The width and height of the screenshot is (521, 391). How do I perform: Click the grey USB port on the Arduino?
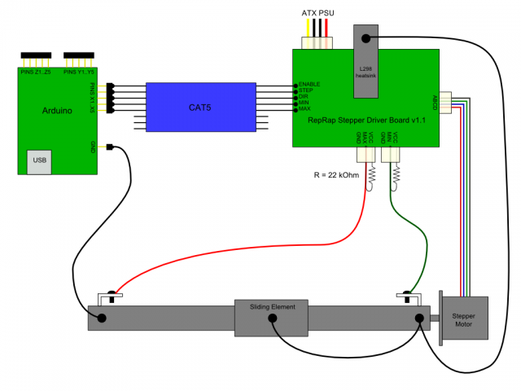click(x=38, y=160)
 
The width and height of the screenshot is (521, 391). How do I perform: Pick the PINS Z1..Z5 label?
click(x=37, y=71)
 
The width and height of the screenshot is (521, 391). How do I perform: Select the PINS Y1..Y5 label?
click(x=81, y=71)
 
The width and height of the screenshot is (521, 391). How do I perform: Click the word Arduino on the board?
click(x=57, y=108)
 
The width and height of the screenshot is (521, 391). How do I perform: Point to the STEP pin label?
click(x=306, y=90)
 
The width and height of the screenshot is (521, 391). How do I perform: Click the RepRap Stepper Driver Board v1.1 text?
click(x=367, y=121)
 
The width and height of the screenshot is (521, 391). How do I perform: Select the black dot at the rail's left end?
click(x=103, y=318)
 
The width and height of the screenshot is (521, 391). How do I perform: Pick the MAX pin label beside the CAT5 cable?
click(x=305, y=109)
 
